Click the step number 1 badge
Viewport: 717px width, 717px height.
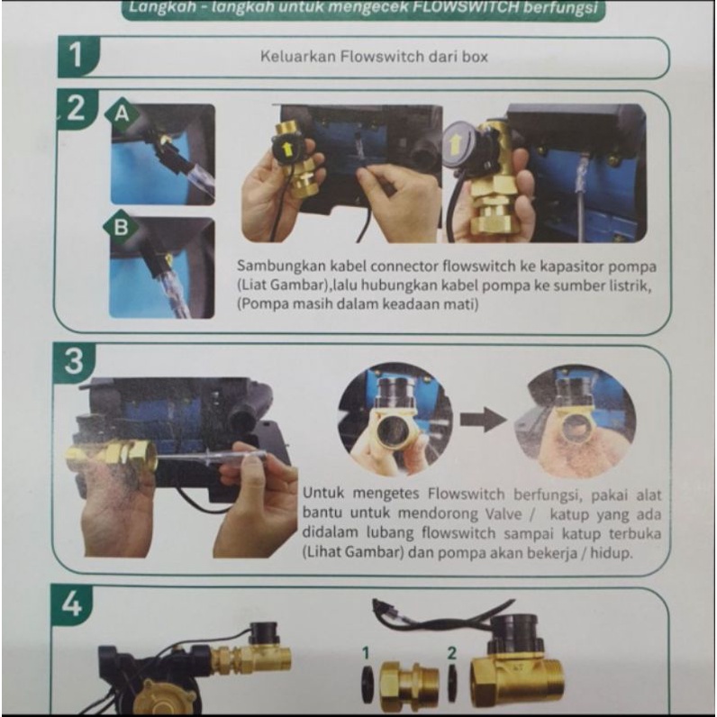77,57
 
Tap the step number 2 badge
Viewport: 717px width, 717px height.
77,109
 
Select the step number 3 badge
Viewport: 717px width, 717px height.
74,362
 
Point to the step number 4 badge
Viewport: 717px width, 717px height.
72,604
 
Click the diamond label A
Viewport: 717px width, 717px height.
122,113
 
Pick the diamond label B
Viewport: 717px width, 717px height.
121,227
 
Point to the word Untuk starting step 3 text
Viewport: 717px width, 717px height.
322,493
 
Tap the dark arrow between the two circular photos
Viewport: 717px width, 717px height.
484,420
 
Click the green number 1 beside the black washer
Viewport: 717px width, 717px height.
366,653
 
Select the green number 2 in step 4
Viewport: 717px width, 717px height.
452,653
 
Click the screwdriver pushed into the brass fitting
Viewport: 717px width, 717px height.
212,457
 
